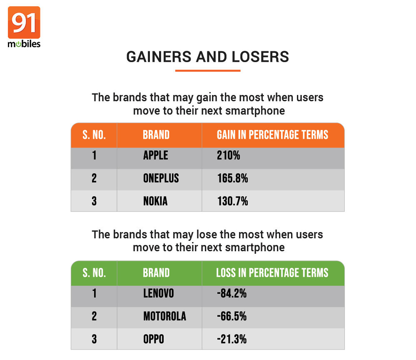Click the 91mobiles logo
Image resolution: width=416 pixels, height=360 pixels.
(24, 27)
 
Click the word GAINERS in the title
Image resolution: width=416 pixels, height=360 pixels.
(159, 57)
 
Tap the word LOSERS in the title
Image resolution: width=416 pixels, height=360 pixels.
(260, 57)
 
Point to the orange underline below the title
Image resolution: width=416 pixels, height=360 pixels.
(208, 70)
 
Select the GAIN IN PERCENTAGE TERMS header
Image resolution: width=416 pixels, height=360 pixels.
(272, 135)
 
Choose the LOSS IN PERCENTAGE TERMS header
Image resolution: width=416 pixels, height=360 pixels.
(272, 273)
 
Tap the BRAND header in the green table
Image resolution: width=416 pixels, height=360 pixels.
(156, 273)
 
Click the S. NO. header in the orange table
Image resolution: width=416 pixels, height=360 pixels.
(94, 135)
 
